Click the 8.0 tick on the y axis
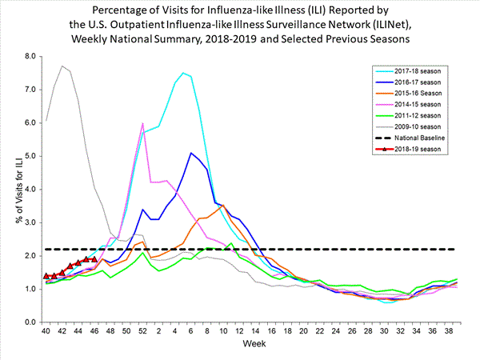[31, 56]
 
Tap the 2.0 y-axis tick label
[31, 255]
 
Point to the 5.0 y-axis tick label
[31, 156]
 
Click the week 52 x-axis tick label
[142, 332]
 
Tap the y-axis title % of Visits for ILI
[10, 189]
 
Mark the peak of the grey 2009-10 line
[62, 66]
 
